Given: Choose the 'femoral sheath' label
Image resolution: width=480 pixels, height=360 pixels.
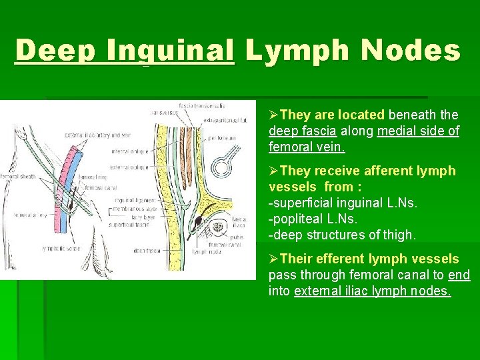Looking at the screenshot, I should (18, 177).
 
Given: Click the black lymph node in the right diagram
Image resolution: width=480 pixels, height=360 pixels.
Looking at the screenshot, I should (198, 220).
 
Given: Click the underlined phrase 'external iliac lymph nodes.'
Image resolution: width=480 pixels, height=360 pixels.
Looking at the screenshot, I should (372, 291).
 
